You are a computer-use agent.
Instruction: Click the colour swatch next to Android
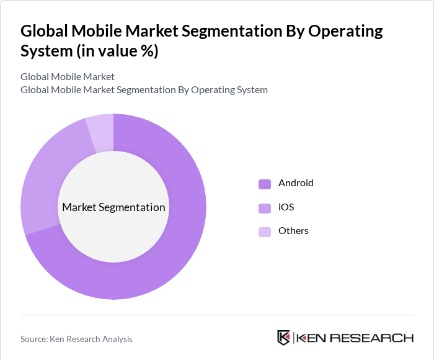tap(265, 184)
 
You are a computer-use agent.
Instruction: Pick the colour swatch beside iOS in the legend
tap(265, 208)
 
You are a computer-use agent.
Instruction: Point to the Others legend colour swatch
tap(265, 232)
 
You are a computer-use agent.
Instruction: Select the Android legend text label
tap(296, 183)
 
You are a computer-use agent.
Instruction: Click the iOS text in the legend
tap(286, 207)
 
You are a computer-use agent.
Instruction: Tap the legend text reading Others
tap(293, 231)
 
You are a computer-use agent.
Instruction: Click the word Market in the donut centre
tap(79, 207)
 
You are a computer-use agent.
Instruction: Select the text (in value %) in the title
tap(117, 51)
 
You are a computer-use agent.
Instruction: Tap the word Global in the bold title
tap(44, 31)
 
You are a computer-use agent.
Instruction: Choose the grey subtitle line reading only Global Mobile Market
tap(68, 77)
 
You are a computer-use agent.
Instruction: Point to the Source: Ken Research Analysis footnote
tap(76, 339)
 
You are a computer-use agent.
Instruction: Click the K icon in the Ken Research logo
tap(283, 338)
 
